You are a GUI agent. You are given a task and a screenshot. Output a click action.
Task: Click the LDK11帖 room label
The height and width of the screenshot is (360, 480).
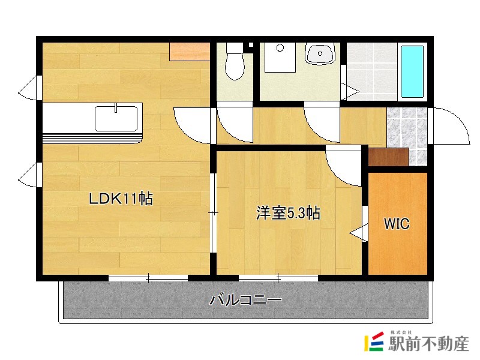121,199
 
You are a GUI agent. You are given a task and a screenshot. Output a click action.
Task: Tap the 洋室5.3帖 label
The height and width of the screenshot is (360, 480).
288,213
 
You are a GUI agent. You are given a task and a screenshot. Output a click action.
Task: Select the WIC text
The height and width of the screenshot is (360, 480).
397,224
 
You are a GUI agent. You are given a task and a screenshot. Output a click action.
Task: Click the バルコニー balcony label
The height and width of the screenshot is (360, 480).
245,299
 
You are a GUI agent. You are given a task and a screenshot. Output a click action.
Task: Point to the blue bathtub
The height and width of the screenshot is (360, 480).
412,71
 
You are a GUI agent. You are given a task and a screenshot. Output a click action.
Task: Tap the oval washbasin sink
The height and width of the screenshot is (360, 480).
320,55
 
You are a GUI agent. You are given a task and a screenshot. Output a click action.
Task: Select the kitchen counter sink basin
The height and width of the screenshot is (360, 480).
116,118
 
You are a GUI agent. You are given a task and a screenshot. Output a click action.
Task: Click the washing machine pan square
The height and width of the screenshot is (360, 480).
280,57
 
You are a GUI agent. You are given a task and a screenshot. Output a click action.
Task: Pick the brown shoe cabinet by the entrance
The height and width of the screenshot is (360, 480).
388,157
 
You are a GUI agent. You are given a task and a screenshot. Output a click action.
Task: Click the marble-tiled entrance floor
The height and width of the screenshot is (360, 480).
407,136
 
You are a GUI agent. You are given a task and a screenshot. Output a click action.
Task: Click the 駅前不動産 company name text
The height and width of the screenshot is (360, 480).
428,343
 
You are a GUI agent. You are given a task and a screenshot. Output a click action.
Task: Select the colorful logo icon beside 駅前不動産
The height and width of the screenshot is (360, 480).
374,341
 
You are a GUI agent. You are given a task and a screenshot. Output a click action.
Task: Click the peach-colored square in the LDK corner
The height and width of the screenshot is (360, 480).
190,52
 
